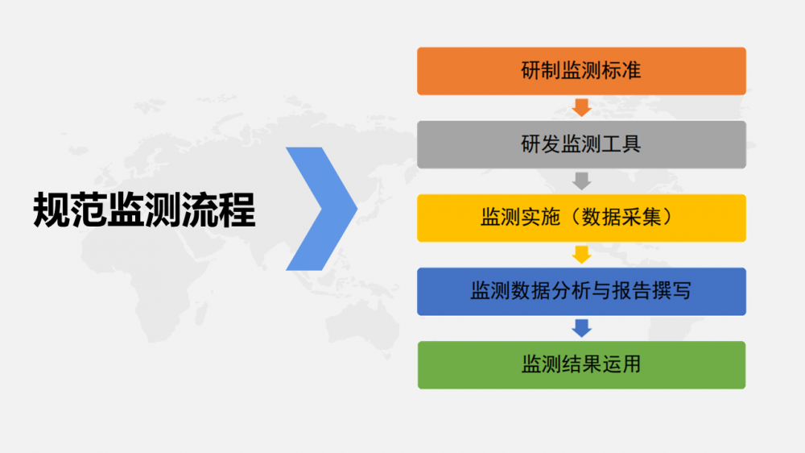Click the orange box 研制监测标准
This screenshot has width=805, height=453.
(x=581, y=71)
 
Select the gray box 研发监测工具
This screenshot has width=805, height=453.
(x=581, y=144)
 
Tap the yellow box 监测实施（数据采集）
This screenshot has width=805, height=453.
(x=581, y=218)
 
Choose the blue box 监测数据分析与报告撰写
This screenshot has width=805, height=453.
(x=581, y=292)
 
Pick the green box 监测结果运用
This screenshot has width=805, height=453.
(x=581, y=365)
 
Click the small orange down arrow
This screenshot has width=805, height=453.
(x=581, y=107)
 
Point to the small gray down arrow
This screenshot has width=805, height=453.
(x=581, y=181)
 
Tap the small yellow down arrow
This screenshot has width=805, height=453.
(x=581, y=255)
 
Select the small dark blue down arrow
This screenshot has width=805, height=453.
(x=581, y=328)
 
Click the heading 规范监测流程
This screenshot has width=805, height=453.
(x=144, y=210)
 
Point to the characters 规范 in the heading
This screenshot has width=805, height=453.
(x=70, y=210)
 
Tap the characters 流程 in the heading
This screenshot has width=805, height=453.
(x=219, y=210)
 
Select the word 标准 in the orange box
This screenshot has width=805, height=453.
(x=621, y=71)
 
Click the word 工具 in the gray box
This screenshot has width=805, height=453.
(x=621, y=144)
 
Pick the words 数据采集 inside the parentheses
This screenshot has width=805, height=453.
(x=621, y=218)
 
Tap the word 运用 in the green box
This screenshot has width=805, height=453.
(x=621, y=365)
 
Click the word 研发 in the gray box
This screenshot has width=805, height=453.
(x=541, y=144)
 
